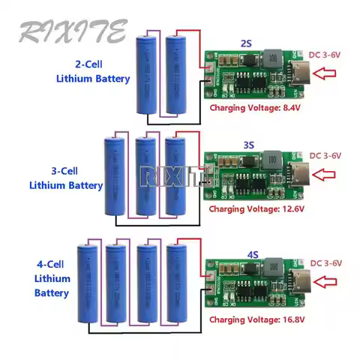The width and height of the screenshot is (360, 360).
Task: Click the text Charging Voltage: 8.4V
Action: click(255, 108)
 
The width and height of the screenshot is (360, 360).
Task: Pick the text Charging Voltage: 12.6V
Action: click(255, 208)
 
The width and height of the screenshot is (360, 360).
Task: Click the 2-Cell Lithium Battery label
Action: click(94, 70)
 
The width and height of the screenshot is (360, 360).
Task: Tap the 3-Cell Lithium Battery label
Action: click(66, 177)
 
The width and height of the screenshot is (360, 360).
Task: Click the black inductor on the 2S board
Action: click(268, 59)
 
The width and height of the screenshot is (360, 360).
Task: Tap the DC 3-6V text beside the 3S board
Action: click(325, 156)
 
